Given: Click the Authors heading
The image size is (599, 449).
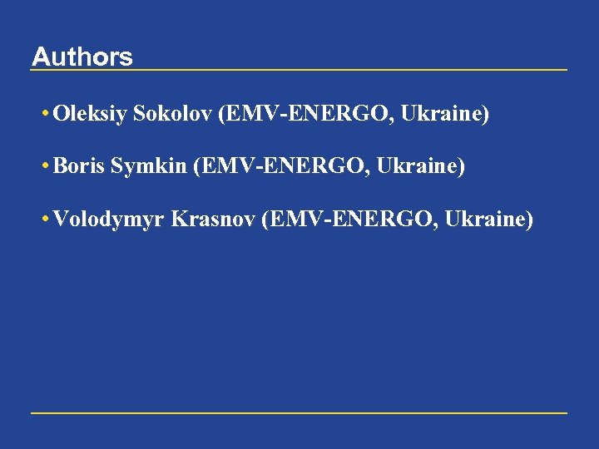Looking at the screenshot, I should [82, 57].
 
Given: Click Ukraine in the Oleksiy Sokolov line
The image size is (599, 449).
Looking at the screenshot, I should [441, 113].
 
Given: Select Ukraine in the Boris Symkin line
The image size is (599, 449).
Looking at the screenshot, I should [417, 166].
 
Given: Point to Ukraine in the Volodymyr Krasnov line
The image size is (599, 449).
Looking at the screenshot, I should [485, 219].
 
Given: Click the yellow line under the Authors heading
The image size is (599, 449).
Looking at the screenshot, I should [299, 70].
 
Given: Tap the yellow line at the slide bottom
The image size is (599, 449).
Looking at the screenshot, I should [299, 412].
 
